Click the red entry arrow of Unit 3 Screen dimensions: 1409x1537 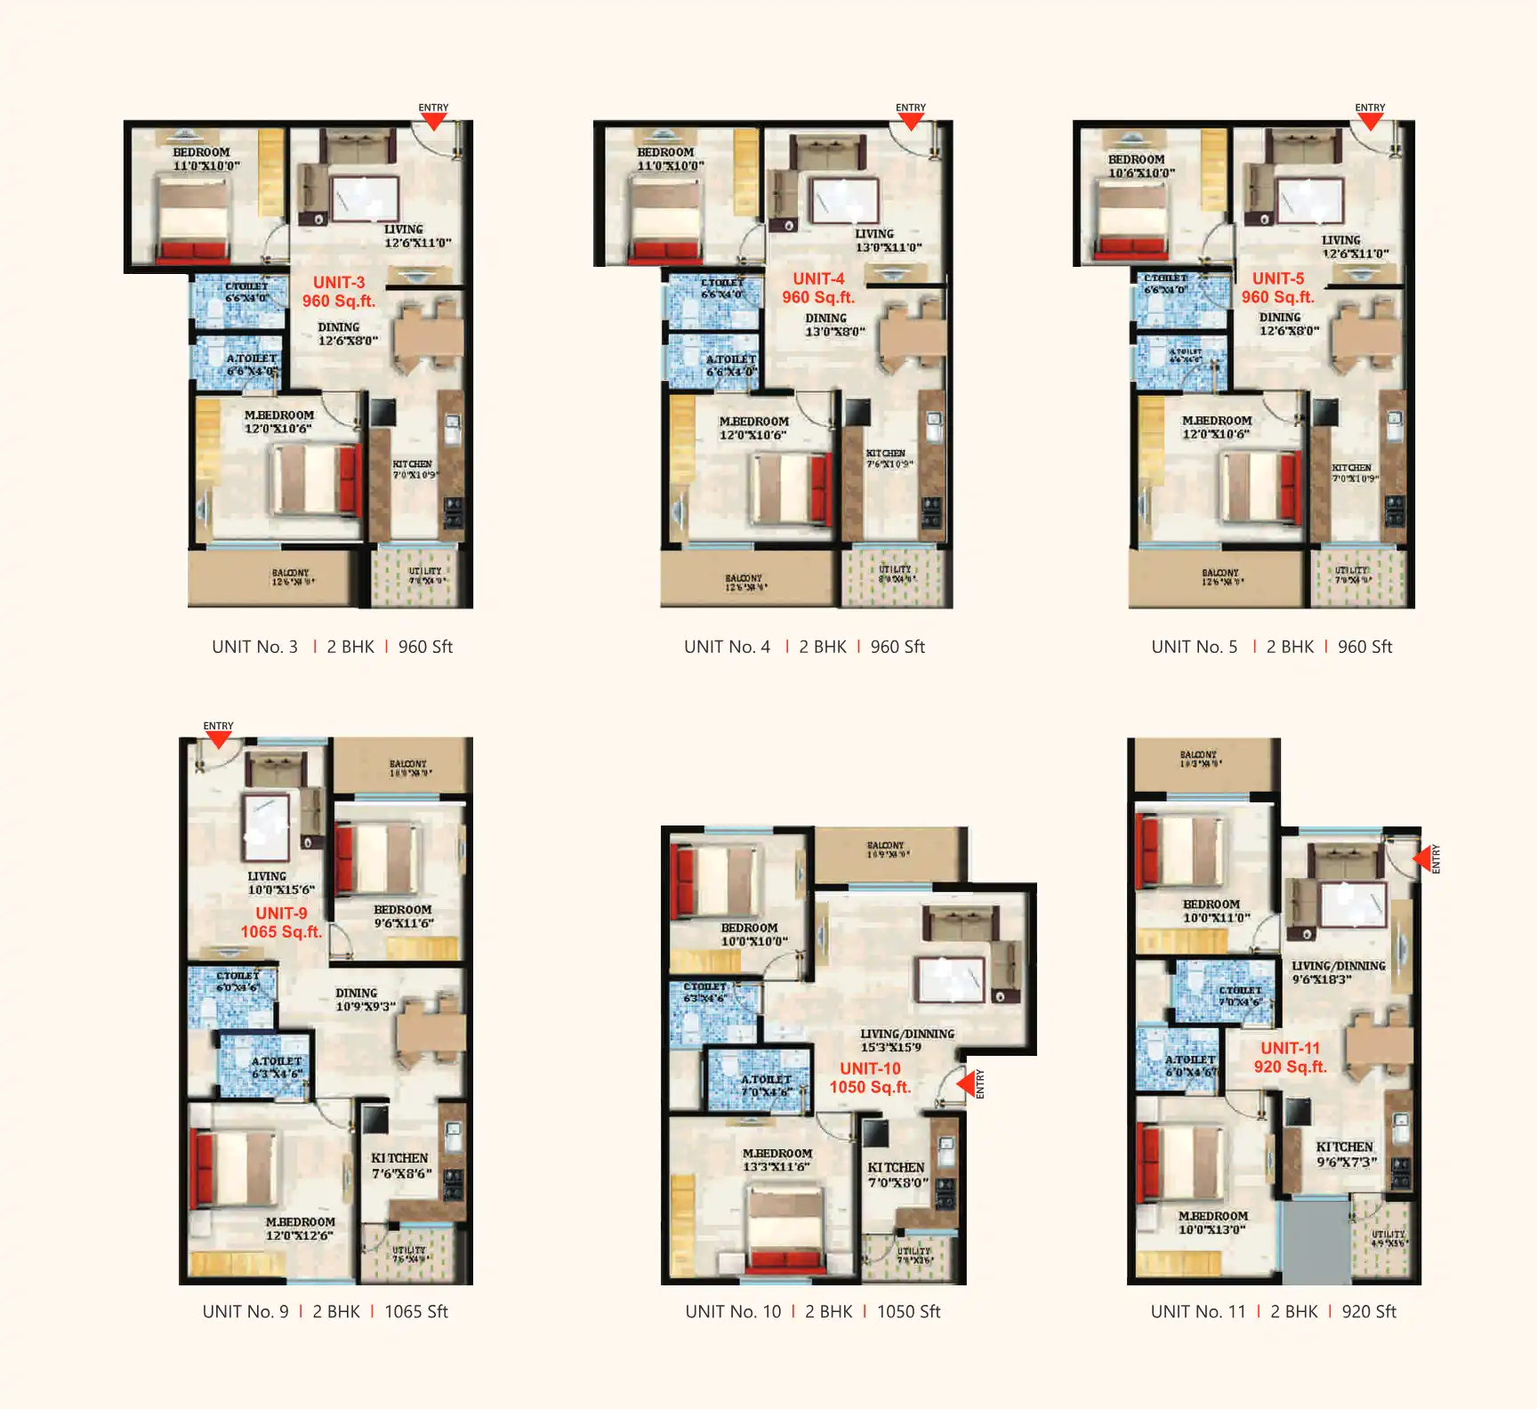(x=433, y=122)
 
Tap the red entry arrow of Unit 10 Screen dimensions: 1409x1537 (x=965, y=1083)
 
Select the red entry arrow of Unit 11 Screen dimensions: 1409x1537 (x=1421, y=858)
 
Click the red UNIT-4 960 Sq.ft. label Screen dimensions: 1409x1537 (x=818, y=288)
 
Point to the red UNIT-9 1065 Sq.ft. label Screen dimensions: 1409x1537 (x=281, y=922)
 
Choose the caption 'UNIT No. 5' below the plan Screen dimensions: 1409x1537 (x=1194, y=647)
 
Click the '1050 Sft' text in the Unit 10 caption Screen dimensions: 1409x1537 (x=908, y=1311)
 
